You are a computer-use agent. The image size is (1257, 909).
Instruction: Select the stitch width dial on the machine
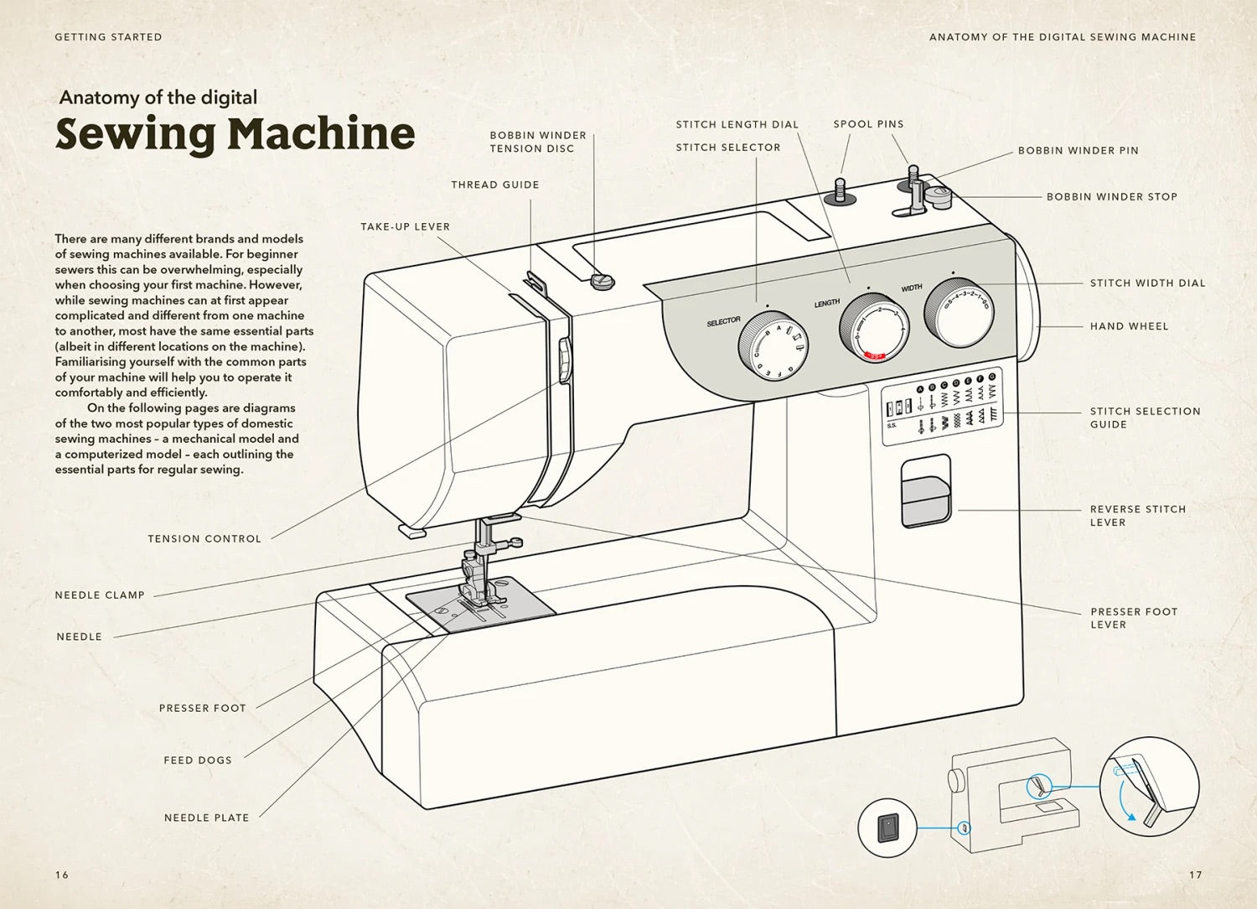[x=960, y=312]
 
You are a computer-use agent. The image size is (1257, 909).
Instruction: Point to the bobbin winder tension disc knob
[x=602, y=280]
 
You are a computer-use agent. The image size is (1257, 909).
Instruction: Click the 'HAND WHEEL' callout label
[x=1129, y=326]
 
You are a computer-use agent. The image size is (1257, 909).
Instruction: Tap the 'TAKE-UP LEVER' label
[x=405, y=226]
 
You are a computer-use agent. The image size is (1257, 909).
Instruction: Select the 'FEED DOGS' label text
[x=198, y=760]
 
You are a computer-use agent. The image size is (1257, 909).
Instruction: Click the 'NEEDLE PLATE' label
[x=206, y=818]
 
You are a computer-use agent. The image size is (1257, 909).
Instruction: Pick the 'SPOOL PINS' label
[x=868, y=124]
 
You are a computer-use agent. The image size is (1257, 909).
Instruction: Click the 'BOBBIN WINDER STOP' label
[x=1111, y=196]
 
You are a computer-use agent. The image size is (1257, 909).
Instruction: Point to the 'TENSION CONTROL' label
[x=204, y=538]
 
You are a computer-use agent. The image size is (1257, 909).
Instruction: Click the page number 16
[x=62, y=875]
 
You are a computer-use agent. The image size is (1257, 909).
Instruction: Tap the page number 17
[x=1195, y=875]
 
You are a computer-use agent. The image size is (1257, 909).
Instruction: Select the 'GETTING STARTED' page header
[x=108, y=37]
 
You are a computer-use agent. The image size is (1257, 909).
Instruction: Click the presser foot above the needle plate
[x=475, y=587]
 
